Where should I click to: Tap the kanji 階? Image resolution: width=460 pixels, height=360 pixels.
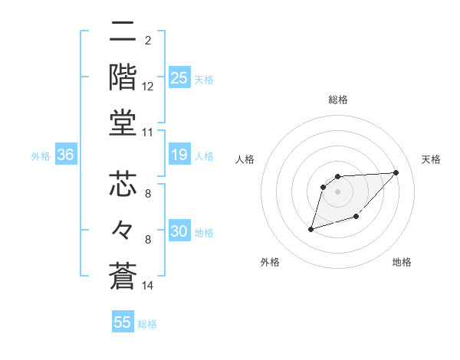tap(123, 77)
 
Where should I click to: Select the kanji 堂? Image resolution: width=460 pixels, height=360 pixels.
tap(123, 123)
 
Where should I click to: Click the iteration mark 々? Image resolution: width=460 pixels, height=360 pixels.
tap(123, 230)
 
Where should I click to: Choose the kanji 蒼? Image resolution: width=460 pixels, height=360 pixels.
tap(123, 276)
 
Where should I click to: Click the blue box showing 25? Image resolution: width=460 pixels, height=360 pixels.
tap(179, 77)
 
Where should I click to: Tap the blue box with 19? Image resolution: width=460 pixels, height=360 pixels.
tap(179, 155)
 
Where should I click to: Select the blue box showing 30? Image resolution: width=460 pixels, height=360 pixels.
tap(179, 231)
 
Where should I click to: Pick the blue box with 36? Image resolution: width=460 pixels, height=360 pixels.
tap(65, 155)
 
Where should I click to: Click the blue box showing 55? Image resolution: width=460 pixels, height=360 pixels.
tap(123, 322)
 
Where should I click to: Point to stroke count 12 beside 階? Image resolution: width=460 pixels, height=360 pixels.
tap(148, 86)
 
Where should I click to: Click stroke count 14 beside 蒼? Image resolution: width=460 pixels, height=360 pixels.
tap(148, 286)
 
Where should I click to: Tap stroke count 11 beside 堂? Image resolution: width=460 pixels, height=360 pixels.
tap(148, 133)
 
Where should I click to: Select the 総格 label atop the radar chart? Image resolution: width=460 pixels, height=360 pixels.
tap(338, 100)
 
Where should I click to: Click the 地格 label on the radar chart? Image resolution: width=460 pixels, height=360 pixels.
tap(402, 262)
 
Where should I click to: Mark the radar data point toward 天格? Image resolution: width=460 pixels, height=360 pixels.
tap(396, 172)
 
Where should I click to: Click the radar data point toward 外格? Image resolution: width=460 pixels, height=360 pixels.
tap(310, 229)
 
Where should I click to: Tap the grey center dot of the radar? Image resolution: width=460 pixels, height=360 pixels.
tap(338, 191)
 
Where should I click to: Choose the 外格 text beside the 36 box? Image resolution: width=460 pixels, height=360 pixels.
tap(41, 156)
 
